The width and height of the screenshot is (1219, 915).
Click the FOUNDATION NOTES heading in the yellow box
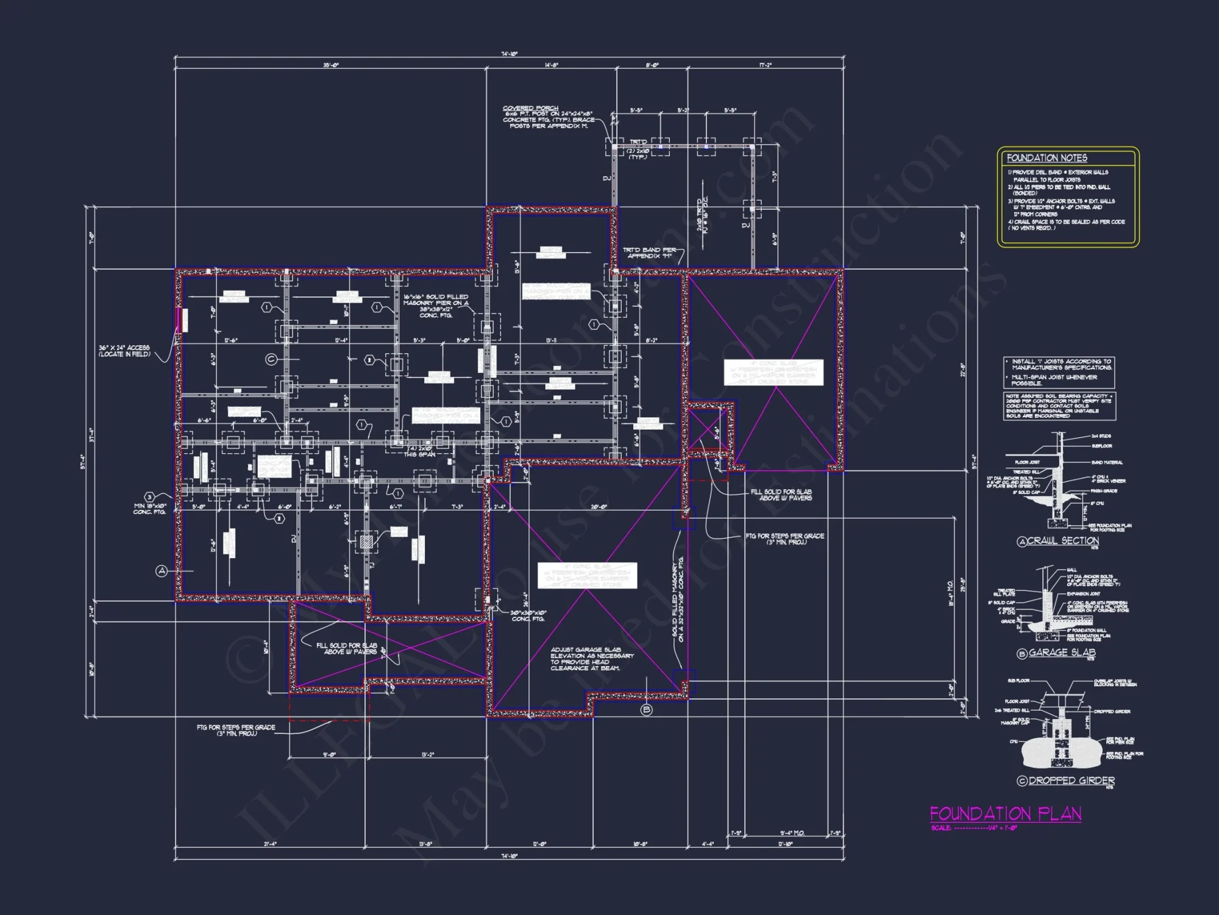1047,158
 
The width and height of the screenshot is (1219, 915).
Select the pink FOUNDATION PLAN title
1005,814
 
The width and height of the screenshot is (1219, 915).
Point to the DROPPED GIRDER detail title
1072,781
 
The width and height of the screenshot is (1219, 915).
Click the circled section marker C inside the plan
271,359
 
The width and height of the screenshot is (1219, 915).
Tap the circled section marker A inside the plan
162,571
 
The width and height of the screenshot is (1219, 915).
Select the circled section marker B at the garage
647,709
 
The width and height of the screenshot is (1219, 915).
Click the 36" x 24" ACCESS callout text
124,351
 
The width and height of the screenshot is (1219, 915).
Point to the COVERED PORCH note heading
530,108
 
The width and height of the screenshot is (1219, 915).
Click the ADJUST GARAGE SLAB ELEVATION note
591,659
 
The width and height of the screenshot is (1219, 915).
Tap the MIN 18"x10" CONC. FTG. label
149,509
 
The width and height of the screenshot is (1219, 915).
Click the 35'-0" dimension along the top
330,65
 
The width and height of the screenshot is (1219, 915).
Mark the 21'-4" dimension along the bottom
270,844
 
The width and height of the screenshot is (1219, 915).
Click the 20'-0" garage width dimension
599,508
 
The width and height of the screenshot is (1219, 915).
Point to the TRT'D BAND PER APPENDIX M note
649,253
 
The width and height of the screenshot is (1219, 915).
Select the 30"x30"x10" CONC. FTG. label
529,615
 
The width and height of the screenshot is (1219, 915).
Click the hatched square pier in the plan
366,541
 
